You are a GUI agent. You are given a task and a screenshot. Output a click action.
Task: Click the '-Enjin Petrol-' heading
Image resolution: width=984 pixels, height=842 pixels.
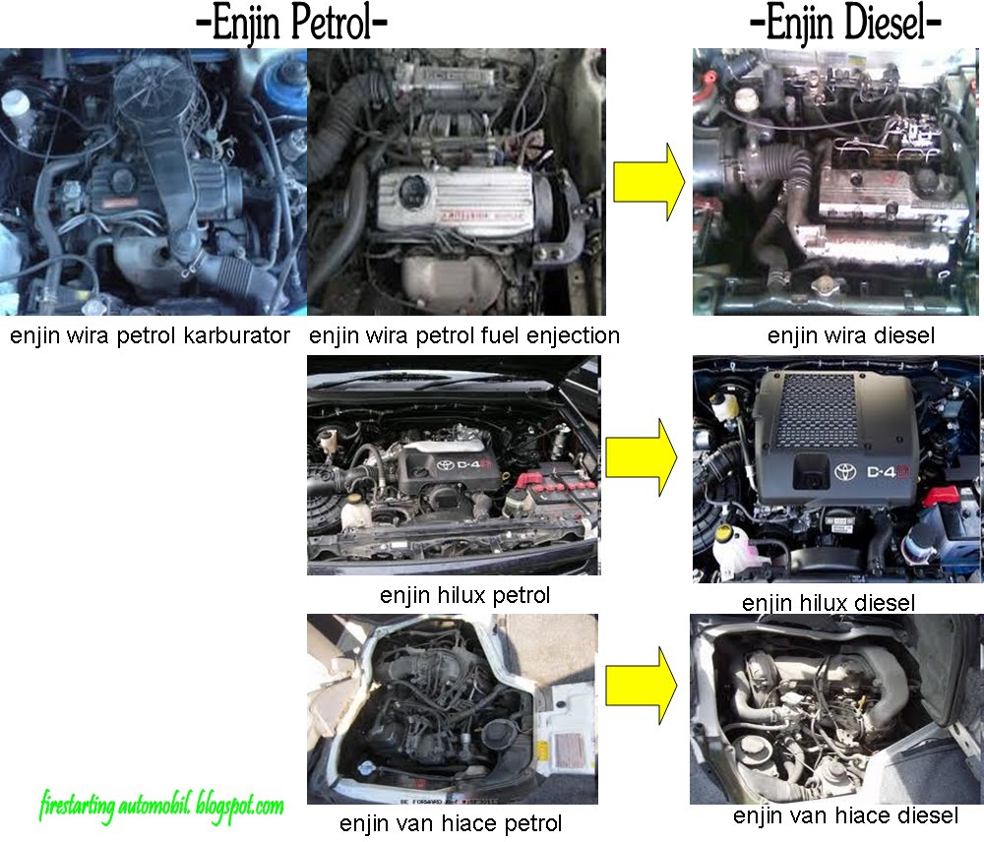pyautogui.click(x=292, y=24)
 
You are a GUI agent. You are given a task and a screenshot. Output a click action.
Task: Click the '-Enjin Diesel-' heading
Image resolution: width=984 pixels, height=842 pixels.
pyautogui.click(x=845, y=24)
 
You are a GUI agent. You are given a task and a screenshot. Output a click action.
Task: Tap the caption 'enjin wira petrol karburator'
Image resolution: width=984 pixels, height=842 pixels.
pyautogui.click(x=150, y=335)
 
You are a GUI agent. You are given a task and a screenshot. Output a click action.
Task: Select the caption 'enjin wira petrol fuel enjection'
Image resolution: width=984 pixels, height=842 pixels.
pyautogui.click(x=464, y=335)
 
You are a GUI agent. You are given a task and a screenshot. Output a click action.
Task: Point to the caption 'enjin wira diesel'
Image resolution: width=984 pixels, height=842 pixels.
pyautogui.click(x=851, y=335)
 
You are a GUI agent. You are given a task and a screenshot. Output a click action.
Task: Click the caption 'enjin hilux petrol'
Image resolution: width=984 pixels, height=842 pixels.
pyautogui.click(x=464, y=595)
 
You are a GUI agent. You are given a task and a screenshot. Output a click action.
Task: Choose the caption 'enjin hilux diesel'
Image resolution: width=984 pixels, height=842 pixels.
pyautogui.click(x=829, y=603)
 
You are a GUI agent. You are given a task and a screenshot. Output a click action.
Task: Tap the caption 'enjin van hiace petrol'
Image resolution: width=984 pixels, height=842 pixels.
pyautogui.click(x=451, y=823)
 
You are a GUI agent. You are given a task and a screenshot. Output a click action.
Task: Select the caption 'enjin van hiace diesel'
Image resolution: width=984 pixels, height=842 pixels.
pyautogui.click(x=845, y=815)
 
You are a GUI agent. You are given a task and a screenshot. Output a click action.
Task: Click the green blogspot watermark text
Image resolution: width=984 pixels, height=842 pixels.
pyautogui.click(x=161, y=807)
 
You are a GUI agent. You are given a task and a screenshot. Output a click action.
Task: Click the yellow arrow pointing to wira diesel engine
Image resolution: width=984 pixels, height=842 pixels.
pyautogui.click(x=648, y=182)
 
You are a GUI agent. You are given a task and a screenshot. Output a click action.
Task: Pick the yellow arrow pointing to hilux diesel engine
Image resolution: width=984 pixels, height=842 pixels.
pyautogui.click(x=642, y=457)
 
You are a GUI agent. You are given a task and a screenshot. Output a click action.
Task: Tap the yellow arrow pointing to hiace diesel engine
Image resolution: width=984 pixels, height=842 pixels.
pyautogui.click(x=642, y=686)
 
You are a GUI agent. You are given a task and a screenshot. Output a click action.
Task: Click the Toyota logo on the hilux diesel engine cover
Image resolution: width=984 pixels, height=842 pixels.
pyautogui.click(x=845, y=472)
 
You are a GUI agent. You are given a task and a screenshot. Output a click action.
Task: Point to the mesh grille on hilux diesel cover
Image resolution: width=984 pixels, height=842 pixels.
pyautogui.click(x=817, y=410)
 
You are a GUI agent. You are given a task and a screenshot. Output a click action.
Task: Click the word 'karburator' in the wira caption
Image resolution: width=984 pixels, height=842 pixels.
pyautogui.click(x=236, y=335)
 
